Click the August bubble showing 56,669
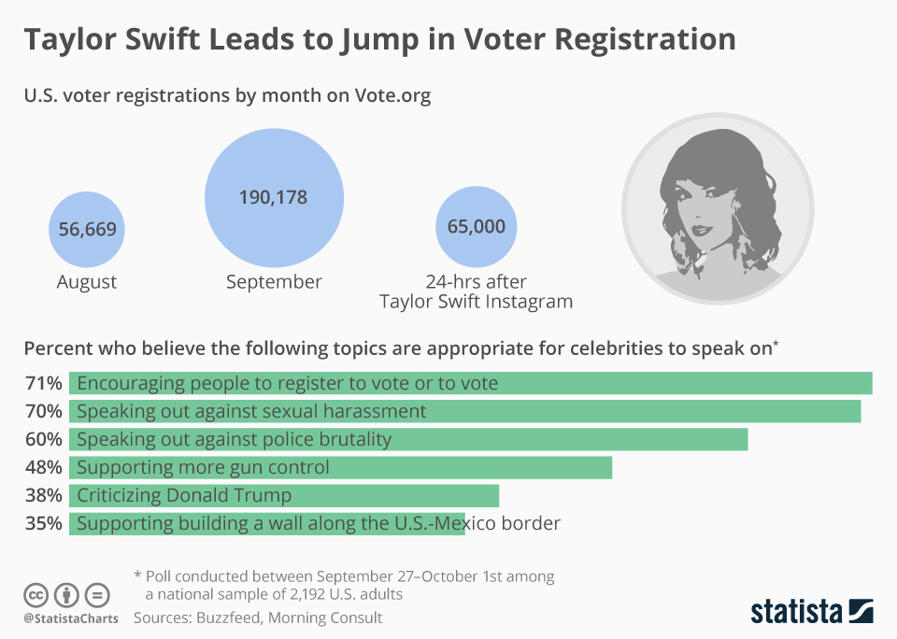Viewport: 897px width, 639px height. (x=87, y=229)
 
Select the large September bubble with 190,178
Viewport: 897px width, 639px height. (x=273, y=197)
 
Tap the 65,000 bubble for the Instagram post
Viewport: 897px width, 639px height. (x=476, y=226)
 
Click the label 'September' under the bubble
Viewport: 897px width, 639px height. (x=274, y=282)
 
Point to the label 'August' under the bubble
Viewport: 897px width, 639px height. (x=87, y=282)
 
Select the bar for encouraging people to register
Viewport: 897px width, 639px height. (x=470, y=383)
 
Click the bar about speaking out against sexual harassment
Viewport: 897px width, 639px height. (x=464, y=411)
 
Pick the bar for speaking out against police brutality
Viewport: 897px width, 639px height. (x=408, y=439)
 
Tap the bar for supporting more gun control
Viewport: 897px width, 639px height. (x=340, y=467)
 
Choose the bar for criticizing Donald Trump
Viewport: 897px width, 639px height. (x=284, y=495)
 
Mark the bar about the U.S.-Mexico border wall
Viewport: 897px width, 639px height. (x=266, y=523)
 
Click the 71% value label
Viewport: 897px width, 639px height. (x=43, y=383)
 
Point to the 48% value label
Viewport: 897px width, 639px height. (x=43, y=467)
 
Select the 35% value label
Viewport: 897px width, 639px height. (x=43, y=523)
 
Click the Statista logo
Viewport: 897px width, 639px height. (x=812, y=612)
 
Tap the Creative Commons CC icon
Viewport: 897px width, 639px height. (x=36, y=594)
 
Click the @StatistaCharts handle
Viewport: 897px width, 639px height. (x=70, y=618)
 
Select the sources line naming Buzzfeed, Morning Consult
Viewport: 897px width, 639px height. (x=258, y=618)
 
